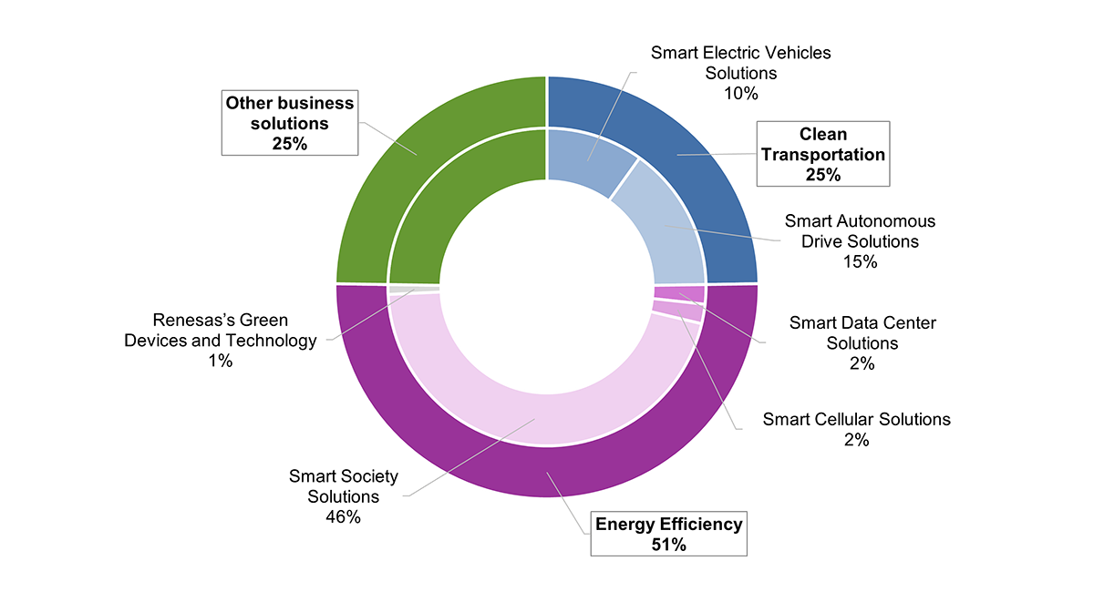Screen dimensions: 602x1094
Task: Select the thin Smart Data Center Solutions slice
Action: coord(680,293)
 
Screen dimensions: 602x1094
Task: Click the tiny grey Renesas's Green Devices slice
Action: coord(412,289)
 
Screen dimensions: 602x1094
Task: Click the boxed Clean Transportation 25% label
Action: coord(822,155)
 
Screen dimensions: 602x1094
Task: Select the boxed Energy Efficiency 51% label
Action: coord(669,534)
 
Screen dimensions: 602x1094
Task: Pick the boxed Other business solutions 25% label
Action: coord(290,122)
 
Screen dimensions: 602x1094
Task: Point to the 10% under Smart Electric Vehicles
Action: coord(740,93)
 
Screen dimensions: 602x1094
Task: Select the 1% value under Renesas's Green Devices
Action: coord(219,361)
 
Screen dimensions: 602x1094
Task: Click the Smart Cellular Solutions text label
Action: coord(856,419)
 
